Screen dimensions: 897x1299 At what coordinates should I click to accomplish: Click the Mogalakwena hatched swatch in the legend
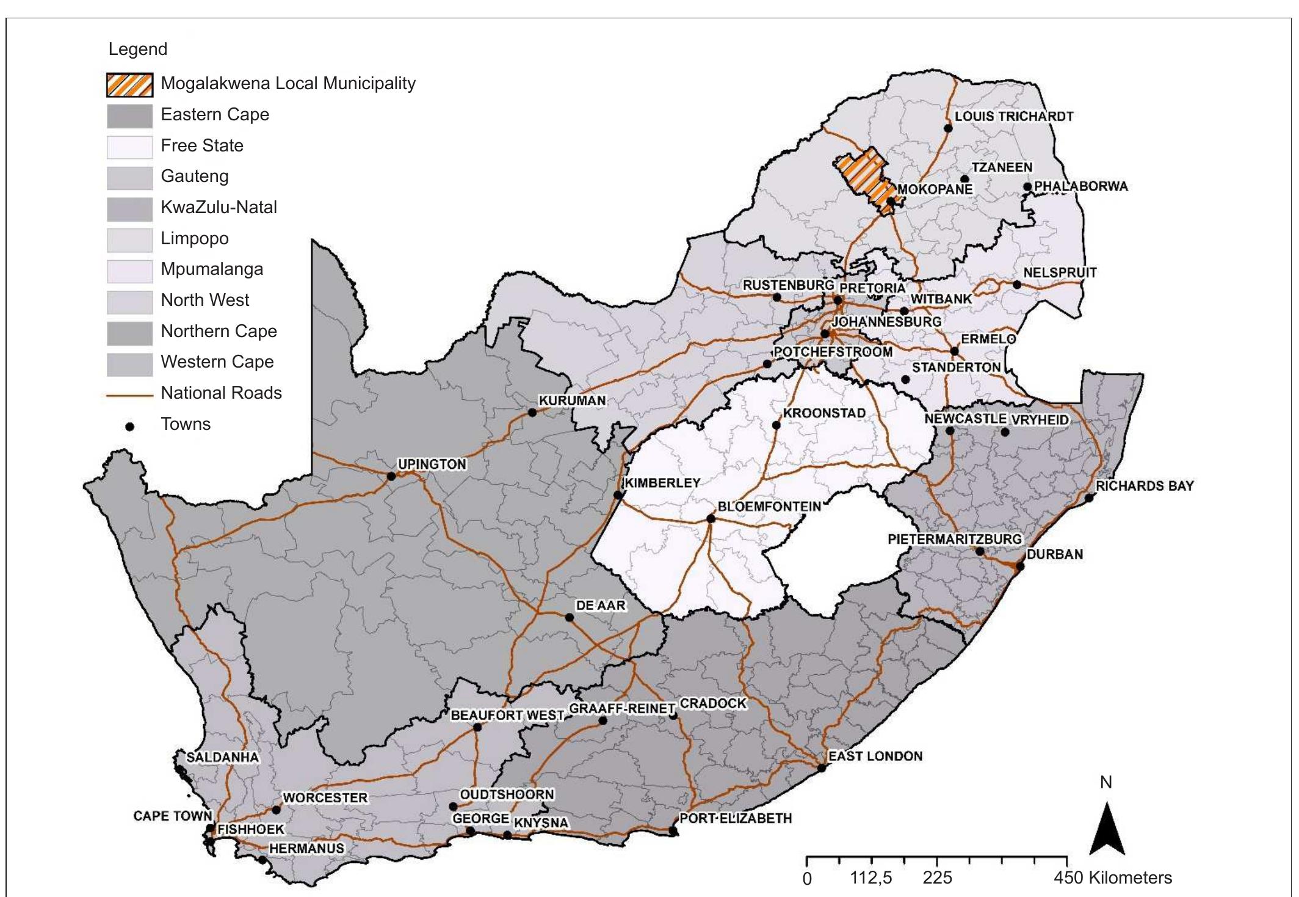click(x=129, y=85)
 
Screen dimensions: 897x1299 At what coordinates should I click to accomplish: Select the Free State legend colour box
click(x=129, y=147)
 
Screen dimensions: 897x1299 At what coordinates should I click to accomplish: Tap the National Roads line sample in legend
click(x=129, y=395)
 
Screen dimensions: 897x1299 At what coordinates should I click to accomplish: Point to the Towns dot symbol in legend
click(x=129, y=426)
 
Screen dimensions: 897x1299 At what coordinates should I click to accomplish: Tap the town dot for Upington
click(x=391, y=476)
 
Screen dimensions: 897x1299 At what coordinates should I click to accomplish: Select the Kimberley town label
click(x=662, y=482)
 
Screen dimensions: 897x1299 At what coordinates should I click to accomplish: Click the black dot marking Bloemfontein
click(x=711, y=518)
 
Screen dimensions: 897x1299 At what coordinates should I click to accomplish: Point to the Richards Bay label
click(x=1144, y=486)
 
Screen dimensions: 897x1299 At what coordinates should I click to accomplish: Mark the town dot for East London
click(x=822, y=768)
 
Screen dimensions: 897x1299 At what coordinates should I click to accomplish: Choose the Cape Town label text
click(x=172, y=816)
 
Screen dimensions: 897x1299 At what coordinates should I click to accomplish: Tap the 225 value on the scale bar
click(x=937, y=878)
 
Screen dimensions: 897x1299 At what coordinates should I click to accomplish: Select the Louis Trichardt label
click(x=1013, y=116)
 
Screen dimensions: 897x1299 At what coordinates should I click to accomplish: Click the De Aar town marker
click(x=569, y=617)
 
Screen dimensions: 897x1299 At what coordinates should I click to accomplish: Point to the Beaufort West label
click(x=507, y=715)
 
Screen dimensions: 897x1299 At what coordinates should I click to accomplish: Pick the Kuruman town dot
click(x=532, y=413)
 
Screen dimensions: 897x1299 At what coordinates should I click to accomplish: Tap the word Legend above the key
click(x=137, y=49)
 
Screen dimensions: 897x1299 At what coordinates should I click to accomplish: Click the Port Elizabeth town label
click(x=735, y=818)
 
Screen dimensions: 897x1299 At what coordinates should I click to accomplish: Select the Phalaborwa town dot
click(x=1027, y=187)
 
